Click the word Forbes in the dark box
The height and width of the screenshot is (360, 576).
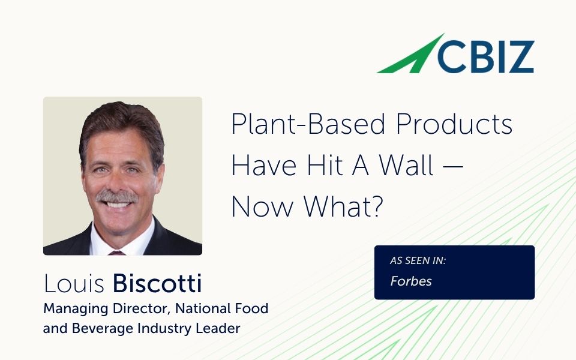[411, 281]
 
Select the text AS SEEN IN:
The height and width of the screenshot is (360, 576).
[418, 261]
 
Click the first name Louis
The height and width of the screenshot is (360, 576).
[75, 284]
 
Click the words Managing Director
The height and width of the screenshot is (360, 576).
[96, 309]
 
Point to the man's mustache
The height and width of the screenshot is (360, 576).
[117, 197]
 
